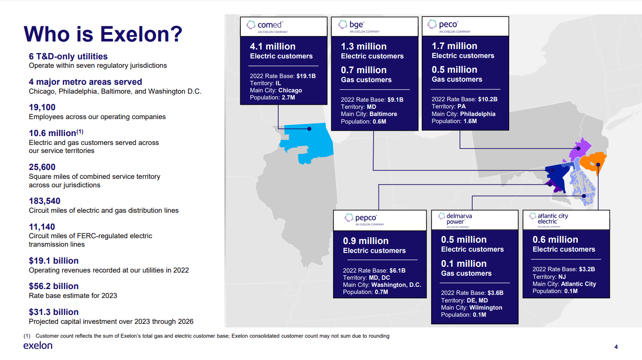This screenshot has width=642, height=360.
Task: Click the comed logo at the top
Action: point(267,26)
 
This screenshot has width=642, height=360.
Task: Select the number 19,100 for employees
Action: point(42,108)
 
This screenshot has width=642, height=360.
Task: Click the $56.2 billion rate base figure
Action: point(53,286)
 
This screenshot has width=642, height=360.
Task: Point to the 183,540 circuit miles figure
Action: point(45,201)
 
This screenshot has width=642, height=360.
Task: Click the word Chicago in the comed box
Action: point(290,91)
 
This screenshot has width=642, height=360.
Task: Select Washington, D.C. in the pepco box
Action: point(396,285)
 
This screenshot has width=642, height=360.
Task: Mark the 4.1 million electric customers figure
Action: point(272,46)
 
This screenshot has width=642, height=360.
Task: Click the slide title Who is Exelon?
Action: point(103,34)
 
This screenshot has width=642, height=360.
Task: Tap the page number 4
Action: point(616,347)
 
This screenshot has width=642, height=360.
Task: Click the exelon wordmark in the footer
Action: point(38,346)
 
